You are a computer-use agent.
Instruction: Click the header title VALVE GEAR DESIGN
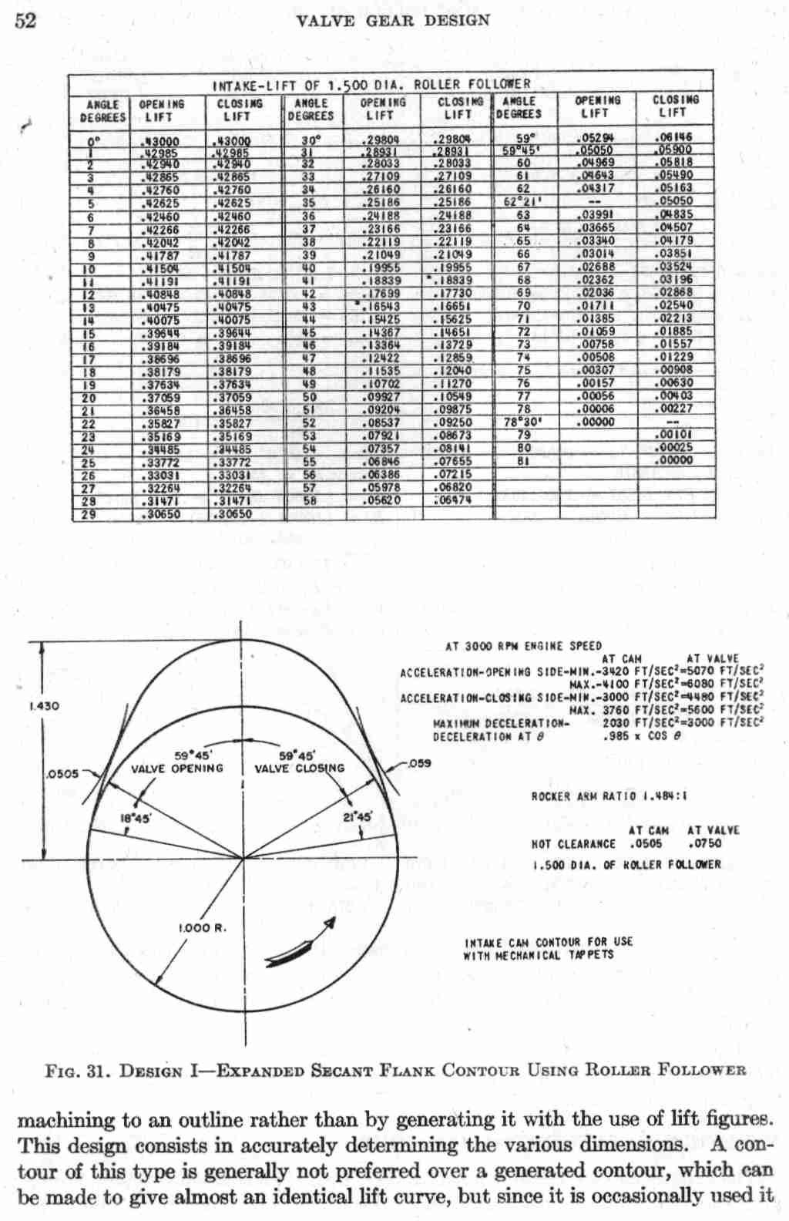(392, 20)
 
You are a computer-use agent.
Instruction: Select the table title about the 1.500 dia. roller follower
(371, 84)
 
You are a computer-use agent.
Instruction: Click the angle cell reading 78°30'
(521, 422)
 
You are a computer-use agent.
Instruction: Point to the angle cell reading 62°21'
(521, 202)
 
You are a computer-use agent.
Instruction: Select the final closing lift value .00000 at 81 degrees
(673, 461)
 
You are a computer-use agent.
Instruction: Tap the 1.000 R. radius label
(203, 928)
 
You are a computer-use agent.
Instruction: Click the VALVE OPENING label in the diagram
(176, 769)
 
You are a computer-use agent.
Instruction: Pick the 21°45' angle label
(358, 816)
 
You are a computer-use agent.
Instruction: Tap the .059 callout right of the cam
(420, 763)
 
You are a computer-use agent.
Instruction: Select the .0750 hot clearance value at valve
(704, 843)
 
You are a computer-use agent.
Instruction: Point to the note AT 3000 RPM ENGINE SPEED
(523, 645)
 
